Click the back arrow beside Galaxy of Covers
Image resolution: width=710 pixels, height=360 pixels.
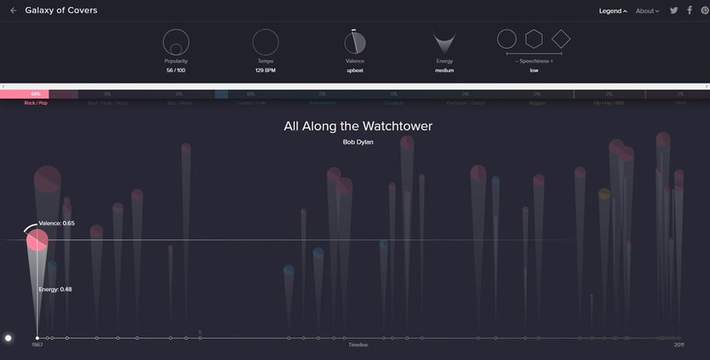pos(13,11)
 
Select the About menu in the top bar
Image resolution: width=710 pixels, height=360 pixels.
pos(647,11)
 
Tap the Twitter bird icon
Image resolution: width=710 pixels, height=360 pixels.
pos(674,11)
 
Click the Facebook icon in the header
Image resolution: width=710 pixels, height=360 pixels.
pos(690,11)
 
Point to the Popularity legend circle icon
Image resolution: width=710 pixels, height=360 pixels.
pos(176,42)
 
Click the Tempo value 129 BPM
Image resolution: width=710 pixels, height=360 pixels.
pos(265,70)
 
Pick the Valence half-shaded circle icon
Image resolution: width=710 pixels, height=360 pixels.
pos(355,42)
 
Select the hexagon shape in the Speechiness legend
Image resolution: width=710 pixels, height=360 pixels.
pos(533,39)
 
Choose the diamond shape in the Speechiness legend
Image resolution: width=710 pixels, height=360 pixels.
pos(560,39)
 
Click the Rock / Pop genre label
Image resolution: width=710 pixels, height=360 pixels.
pos(36,103)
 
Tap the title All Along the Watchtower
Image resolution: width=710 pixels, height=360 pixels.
pos(357,126)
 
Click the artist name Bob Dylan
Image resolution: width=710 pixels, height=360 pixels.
pos(357,142)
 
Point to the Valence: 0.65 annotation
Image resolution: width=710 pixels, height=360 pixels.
pos(56,224)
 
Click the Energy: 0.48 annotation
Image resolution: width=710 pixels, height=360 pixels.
pos(55,289)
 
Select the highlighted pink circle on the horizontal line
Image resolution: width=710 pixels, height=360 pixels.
pos(37,239)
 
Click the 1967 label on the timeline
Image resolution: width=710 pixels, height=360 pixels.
pos(37,345)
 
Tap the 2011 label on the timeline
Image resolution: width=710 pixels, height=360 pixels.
pos(678,345)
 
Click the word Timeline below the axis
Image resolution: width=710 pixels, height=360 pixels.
pos(357,345)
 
